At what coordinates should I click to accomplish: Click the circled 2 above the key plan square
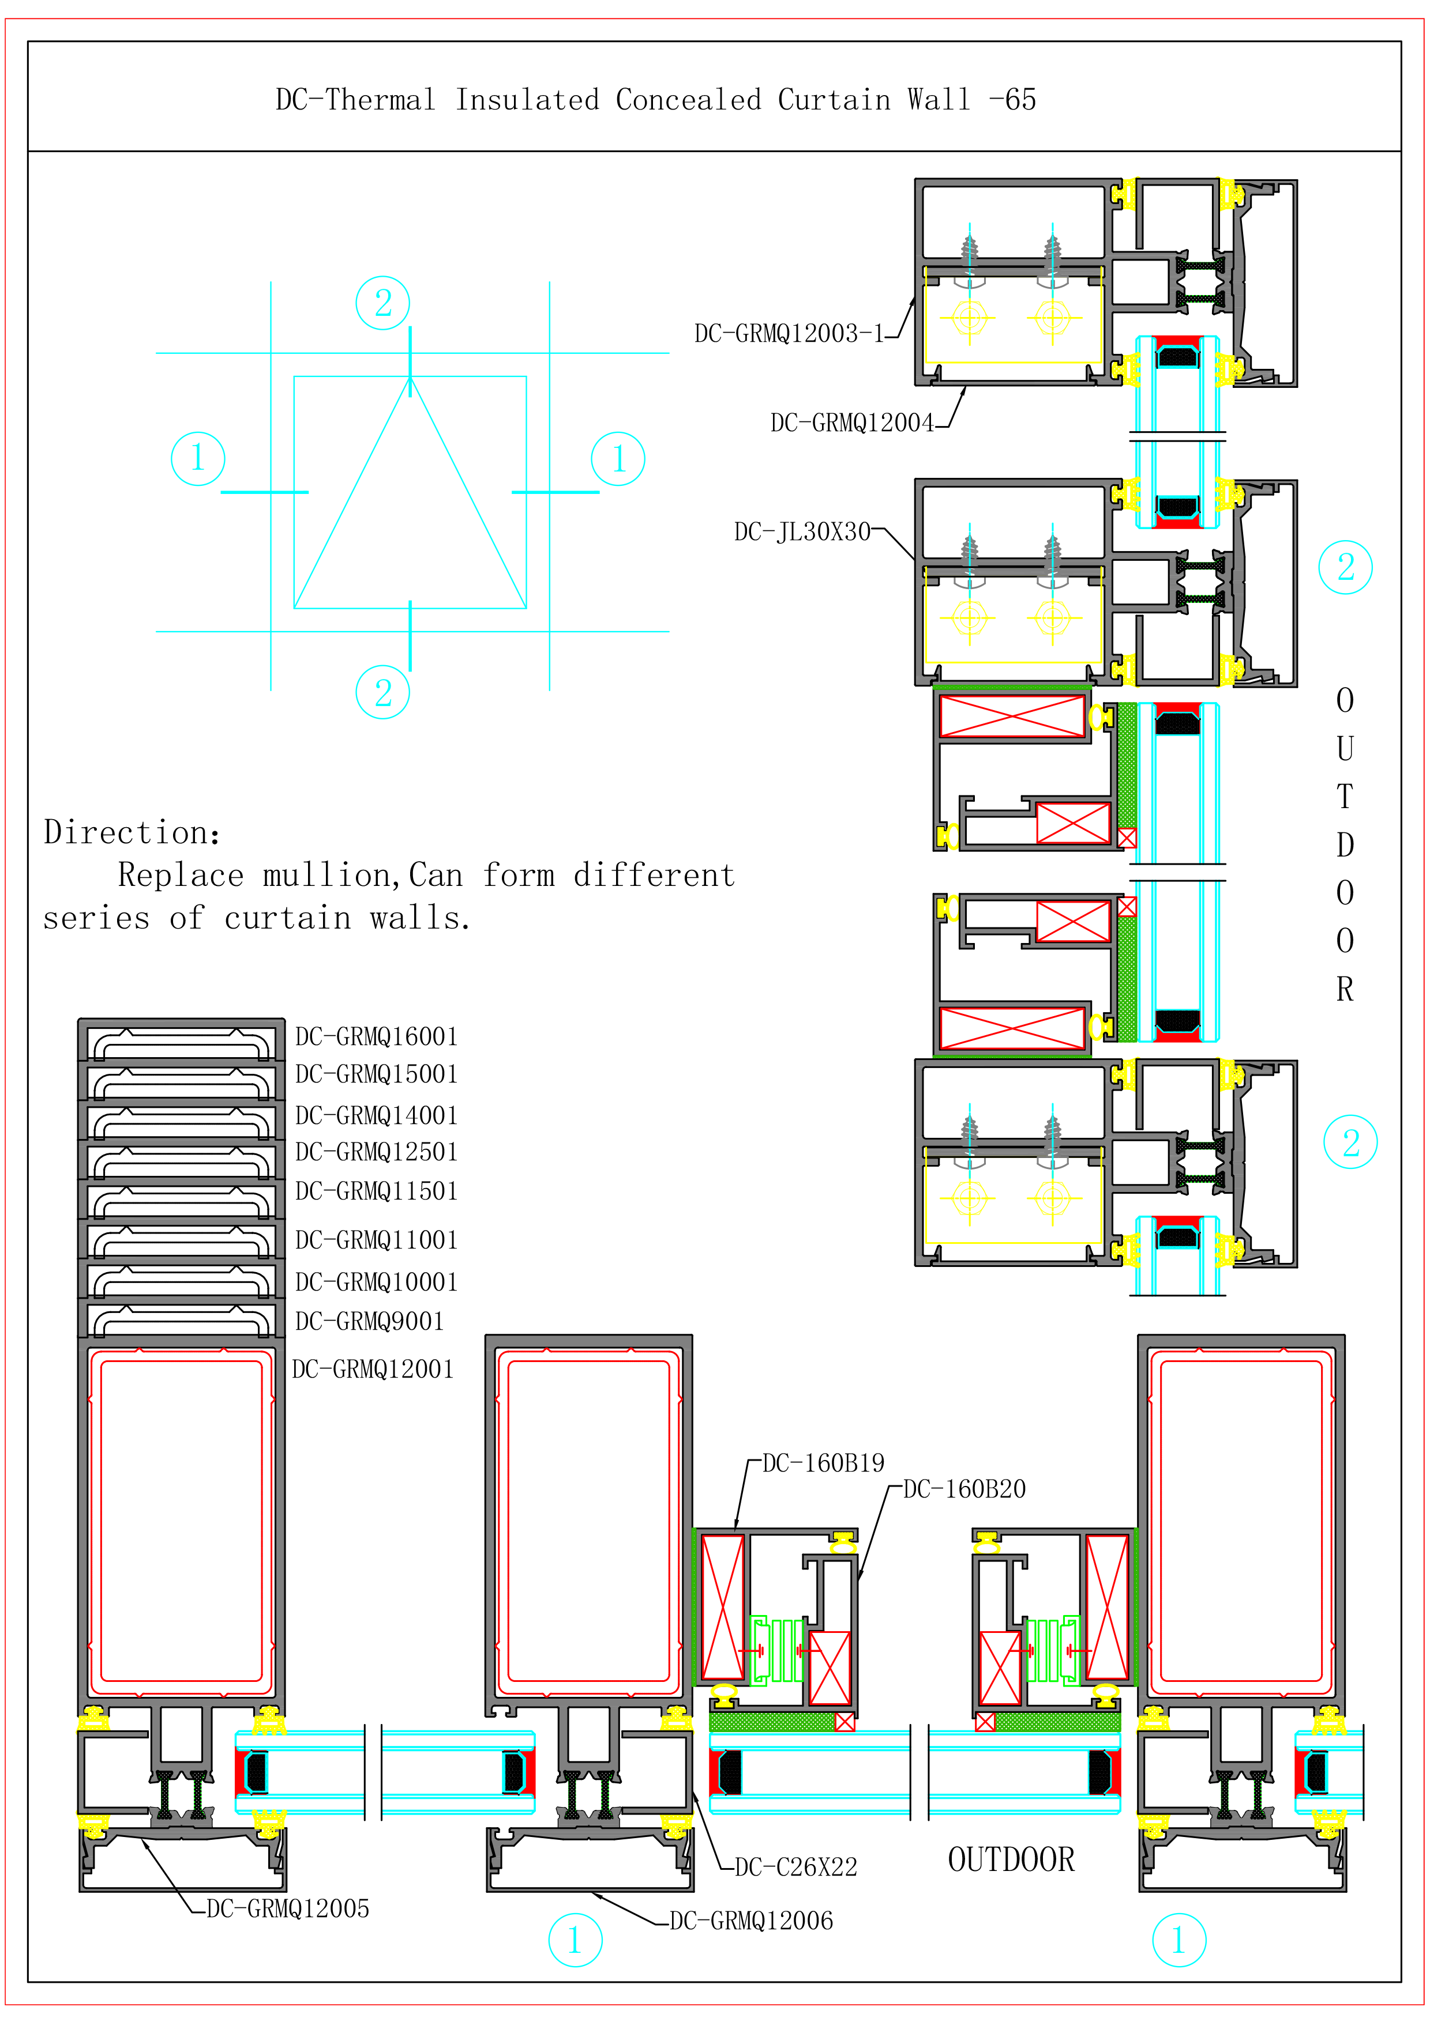382,303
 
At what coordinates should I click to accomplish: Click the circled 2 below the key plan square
382,692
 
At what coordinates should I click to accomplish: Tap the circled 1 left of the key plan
197,458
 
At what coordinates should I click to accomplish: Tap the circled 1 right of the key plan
618,458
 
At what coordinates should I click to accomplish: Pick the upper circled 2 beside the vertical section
1345,567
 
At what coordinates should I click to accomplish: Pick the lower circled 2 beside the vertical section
1350,1142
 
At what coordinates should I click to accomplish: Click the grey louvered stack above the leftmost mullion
182,1180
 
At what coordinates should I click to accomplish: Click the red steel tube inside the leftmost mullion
182,1521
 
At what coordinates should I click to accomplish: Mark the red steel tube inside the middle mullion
588,1521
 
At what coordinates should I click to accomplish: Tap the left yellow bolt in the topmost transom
969,317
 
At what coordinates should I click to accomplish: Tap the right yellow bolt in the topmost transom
1052,317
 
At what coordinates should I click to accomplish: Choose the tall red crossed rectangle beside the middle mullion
722,1607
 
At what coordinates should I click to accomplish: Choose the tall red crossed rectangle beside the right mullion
1106,1607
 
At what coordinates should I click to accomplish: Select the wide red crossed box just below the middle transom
1011,716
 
